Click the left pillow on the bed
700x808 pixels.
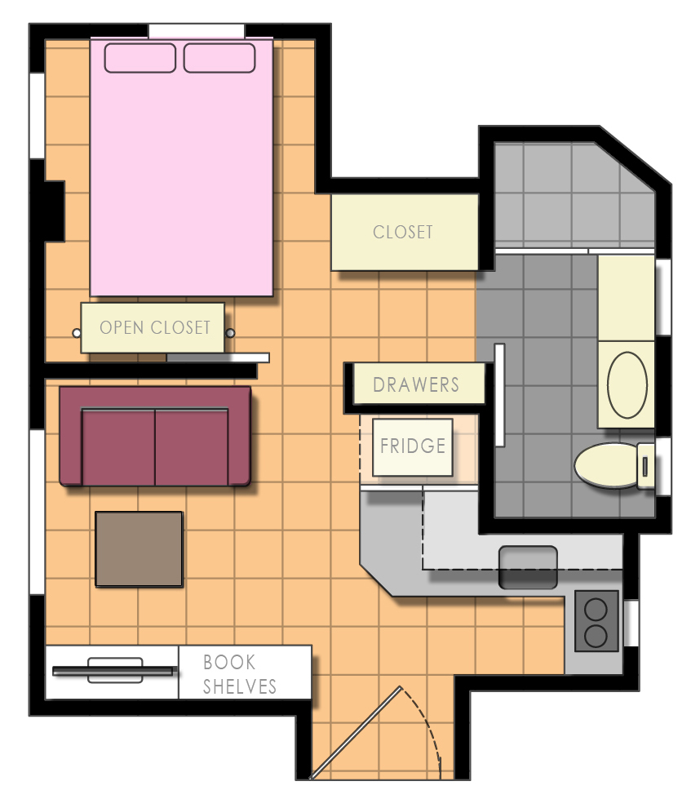[x=140, y=58]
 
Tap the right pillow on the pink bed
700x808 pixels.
[x=219, y=58]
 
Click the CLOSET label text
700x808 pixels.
[x=403, y=232]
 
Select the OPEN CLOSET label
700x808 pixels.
[x=155, y=328]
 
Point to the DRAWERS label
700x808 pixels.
[x=416, y=384]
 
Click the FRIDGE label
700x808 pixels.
[x=413, y=446]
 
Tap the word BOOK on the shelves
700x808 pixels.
[x=229, y=662]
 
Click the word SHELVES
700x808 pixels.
[x=240, y=686]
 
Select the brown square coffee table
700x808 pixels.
[x=139, y=548]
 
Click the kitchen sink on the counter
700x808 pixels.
[x=528, y=567]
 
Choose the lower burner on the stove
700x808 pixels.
[x=596, y=636]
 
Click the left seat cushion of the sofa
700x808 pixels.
[x=119, y=446]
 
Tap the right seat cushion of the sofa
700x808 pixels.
[x=192, y=446]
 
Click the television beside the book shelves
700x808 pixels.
[x=113, y=670]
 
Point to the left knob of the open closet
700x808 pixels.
[x=77, y=333]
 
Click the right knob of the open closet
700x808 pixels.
[x=230, y=333]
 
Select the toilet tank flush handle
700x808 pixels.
[x=646, y=467]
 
